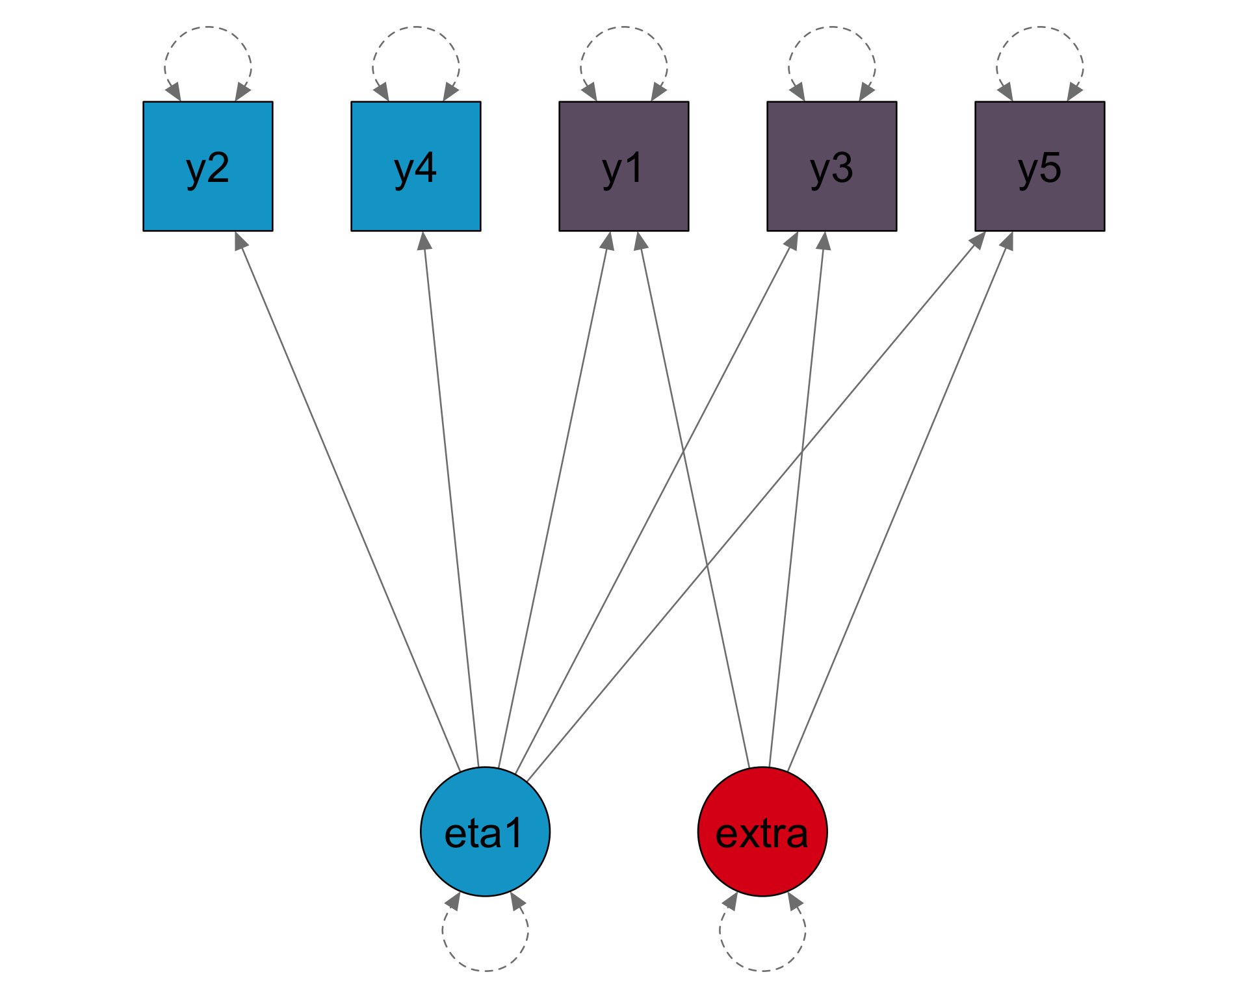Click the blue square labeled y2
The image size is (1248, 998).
208,166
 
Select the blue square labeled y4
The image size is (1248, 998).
416,166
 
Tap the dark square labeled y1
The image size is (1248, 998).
624,166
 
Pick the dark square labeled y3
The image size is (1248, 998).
832,166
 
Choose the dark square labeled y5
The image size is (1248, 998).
1040,166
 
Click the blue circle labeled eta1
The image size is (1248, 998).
486,832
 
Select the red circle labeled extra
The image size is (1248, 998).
762,832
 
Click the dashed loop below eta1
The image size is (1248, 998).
486,969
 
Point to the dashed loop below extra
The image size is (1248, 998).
762,969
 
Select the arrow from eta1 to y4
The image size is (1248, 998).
452,500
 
